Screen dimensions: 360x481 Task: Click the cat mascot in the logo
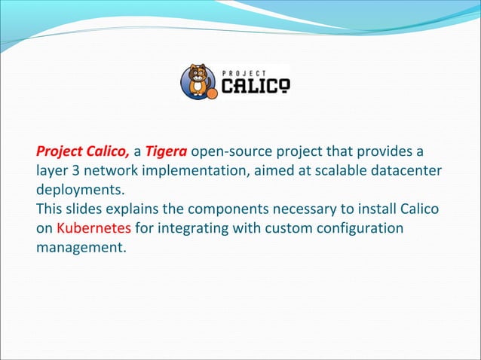(x=198, y=80)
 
